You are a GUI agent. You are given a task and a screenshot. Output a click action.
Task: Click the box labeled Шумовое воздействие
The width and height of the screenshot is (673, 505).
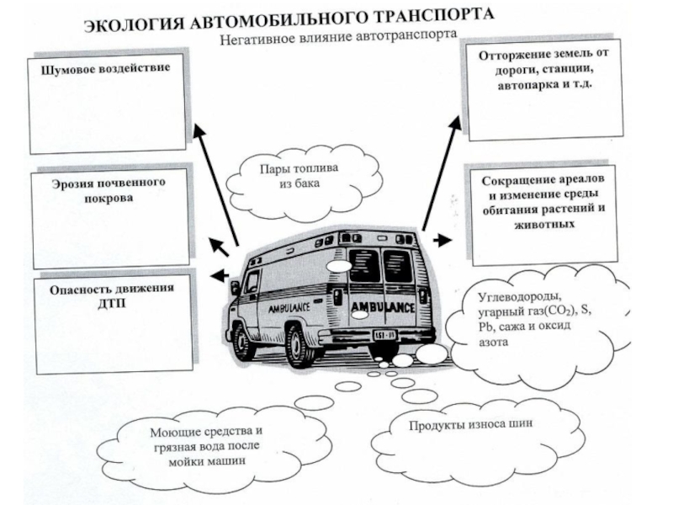(x=108, y=104)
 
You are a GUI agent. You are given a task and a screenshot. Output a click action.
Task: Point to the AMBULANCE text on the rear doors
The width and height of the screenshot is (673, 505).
(x=383, y=305)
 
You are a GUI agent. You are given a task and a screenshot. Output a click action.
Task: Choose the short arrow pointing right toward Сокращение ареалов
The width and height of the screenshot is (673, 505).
(x=440, y=241)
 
